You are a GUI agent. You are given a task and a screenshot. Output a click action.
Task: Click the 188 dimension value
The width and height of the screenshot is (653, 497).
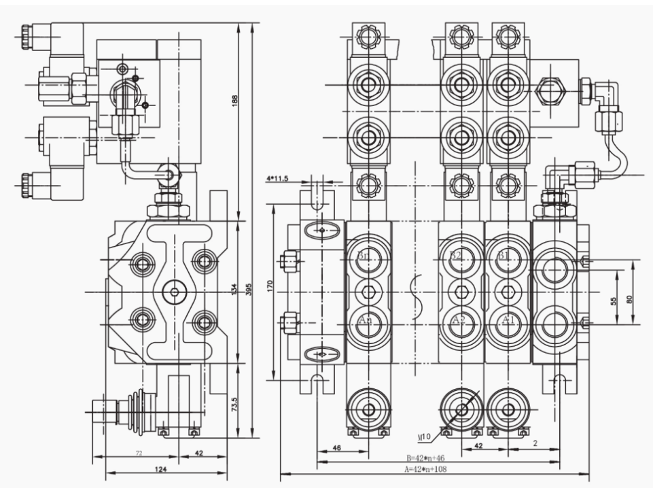tap(235, 102)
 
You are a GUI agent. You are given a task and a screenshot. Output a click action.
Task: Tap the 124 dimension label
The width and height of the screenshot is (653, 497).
tap(161, 468)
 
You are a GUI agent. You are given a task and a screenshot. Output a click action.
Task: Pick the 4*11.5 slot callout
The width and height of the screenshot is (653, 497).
tap(278, 179)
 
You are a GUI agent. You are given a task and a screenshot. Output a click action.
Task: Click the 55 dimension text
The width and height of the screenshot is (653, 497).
tap(614, 300)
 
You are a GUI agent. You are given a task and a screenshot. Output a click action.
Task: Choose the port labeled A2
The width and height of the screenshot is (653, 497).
tap(458, 320)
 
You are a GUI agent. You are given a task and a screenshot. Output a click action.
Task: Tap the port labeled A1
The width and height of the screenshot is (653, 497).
tap(504, 320)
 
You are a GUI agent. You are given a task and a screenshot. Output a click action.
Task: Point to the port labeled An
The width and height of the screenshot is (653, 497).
tap(364, 320)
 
